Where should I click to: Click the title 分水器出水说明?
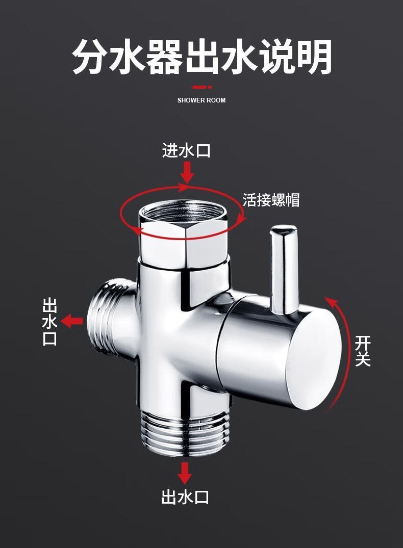(202, 57)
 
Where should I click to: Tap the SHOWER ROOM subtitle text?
(202, 100)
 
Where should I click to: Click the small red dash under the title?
(202, 87)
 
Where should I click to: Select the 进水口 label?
(187, 150)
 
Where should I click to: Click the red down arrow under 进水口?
(188, 173)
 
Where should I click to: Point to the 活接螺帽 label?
(271, 200)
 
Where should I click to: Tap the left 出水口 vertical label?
(49, 322)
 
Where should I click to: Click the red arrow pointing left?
(72, 321)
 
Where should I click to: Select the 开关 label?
(363, 351)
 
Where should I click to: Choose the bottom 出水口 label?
(185, 497)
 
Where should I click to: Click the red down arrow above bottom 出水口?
(185, 473)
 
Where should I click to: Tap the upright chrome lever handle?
(283, 270)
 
